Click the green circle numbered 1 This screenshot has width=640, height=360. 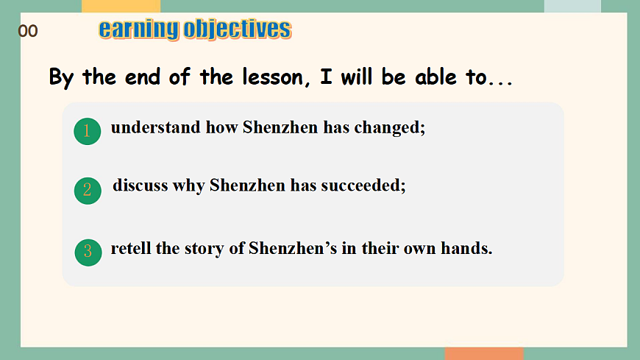point(88,131)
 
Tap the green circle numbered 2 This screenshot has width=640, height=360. point(88,191)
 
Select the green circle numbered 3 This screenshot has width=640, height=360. point(88,253)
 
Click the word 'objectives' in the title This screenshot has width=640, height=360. point(238,29)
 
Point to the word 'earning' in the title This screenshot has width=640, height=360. point(139,30)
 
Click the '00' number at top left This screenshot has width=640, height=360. point(28,31)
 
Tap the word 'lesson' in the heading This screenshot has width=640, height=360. point(274,77)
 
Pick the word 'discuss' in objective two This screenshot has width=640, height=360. point(141,185)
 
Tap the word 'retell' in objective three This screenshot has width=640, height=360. point(131,248)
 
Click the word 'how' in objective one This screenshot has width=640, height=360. point(221,127)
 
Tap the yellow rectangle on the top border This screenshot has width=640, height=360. point(121,6)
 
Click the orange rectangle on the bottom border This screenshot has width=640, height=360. point(484,353)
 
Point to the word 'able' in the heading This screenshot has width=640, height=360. point(436,77)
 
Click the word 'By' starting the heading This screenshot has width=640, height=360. point(61,77)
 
